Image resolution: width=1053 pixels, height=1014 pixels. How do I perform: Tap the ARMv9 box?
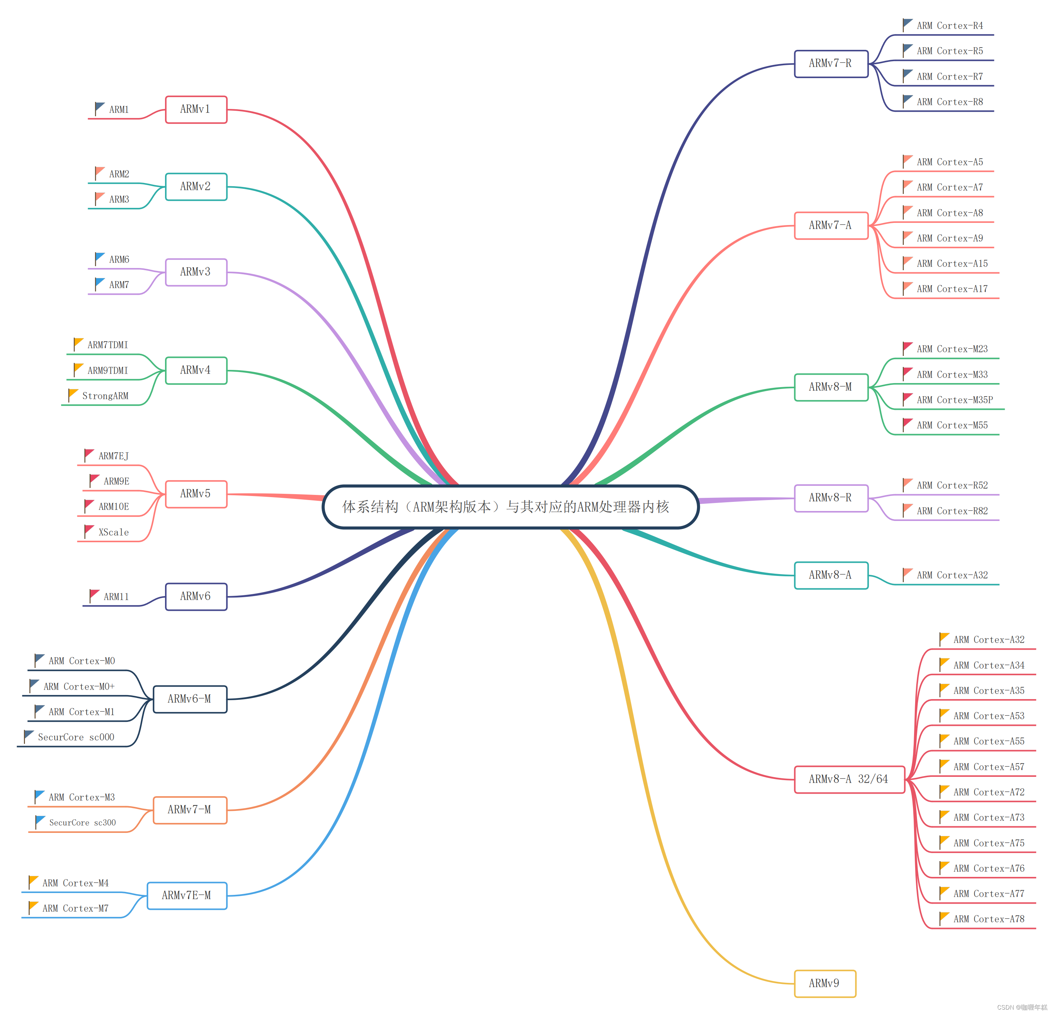coord(825,983)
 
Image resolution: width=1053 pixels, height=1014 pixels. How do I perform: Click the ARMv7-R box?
coord(830,63)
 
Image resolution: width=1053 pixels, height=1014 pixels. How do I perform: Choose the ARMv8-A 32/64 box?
coord(849,779)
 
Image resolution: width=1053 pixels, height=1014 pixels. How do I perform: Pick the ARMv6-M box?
coord(190,699)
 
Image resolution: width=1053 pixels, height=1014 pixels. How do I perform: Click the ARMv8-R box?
coord(830,498)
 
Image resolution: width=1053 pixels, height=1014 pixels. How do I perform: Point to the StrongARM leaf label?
coord(105,396)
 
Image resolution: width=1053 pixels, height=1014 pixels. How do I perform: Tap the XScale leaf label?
coord(113,532)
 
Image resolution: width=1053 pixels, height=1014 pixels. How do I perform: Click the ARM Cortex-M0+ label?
coord(79,686)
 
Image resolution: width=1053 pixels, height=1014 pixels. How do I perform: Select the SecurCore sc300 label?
coord(82,822)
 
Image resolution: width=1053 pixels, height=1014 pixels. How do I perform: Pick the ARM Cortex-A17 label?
coord(952,289)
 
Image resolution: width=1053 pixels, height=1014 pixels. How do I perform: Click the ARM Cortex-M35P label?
coord(955,400)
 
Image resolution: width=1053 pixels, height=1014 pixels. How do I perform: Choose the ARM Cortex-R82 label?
coord(952,511)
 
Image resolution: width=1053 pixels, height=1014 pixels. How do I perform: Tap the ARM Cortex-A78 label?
coord(988,919)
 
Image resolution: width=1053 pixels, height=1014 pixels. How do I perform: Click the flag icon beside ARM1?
coord(99,108)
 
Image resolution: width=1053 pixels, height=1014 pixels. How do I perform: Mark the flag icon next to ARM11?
coord(94,595)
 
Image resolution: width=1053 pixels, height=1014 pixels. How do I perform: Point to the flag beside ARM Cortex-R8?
coord(907,100)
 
